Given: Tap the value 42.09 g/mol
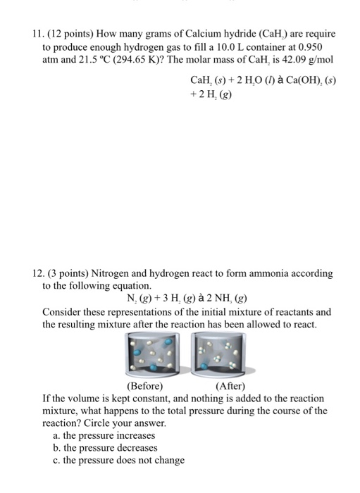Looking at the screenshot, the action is click(x=306, y=59).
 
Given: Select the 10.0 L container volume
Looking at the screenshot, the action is click(x=240, y=46).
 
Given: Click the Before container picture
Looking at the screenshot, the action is click(x=153, y=356).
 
